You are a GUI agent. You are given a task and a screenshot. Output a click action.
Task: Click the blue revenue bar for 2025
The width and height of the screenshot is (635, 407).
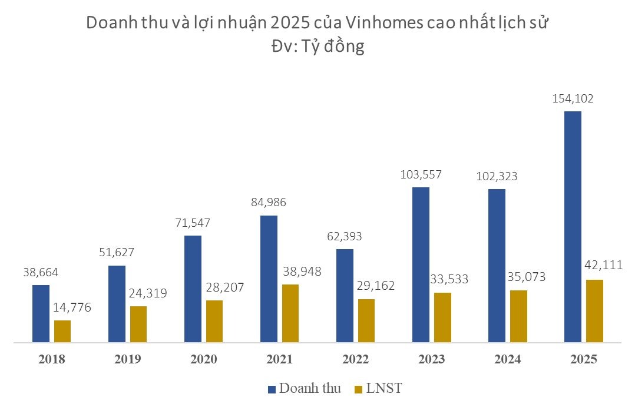coord(573,227)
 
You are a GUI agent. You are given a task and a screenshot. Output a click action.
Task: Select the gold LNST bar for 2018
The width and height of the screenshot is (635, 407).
coord(62,331)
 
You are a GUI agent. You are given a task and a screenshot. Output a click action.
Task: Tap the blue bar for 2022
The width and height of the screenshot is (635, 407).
coord(345,296)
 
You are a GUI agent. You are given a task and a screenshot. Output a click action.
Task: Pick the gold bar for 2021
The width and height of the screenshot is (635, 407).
coord(290,313)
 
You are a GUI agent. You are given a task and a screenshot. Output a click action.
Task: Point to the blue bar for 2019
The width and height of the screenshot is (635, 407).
coord(117,304)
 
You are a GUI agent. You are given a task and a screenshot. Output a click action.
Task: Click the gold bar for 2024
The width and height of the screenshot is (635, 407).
coord(518,316)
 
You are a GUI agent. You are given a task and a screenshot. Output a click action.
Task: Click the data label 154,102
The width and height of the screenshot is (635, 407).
coord(573,99)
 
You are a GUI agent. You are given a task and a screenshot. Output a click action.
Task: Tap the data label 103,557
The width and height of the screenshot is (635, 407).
coord(421,174)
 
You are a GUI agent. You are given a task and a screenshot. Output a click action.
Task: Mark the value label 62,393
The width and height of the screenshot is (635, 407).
coord(345,237)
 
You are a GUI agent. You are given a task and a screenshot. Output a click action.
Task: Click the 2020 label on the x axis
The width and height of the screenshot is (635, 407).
coord(203,359)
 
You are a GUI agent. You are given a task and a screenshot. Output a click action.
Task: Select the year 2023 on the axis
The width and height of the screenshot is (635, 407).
coord(431,359)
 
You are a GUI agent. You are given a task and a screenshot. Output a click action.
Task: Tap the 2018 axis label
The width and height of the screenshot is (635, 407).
coord(52,359)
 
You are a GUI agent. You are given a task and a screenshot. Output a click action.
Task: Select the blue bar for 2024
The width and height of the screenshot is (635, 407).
coord(497,266)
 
